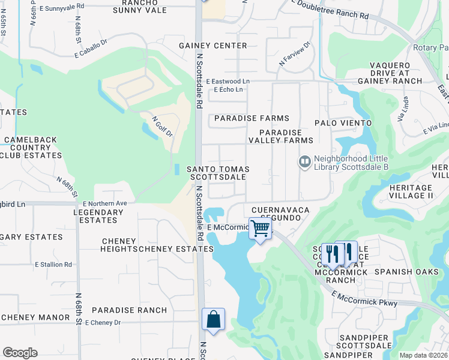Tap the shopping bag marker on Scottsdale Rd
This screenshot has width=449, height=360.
point(214,319)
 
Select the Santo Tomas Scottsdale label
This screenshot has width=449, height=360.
point(218,173)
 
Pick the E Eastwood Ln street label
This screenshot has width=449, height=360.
point(228,81)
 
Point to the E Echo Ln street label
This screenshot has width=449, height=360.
point(228,90)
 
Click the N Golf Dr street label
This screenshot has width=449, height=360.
point(162,126)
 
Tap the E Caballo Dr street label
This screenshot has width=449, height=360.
point(91,49)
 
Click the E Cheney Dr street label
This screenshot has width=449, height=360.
point(103,323)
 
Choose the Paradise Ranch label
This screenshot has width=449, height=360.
point(129,310)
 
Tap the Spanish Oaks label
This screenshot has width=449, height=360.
point(402,272)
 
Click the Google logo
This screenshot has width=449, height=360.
point(20,353)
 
